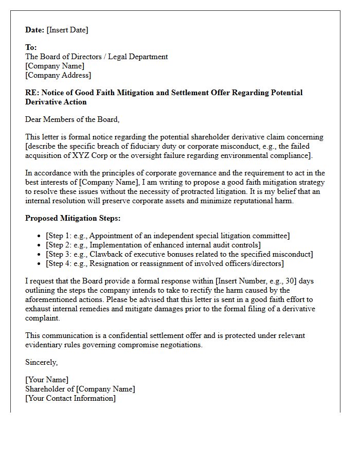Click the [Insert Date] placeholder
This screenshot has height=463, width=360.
[x=67, y=30]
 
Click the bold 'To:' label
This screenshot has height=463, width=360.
[x=31, y=47]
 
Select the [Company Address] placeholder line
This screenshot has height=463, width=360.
[x=58, y=75]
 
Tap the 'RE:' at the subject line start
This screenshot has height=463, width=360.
[x=32, y=93]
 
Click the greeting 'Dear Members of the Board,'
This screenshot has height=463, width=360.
[x=72, y=119]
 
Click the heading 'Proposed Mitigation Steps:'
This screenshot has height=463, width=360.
[x=73, y=218]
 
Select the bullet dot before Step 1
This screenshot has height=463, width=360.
[x=40, y=236]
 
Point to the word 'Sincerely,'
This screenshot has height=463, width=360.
[x=42, y=362]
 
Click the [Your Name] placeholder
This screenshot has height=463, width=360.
[x=47, y=380]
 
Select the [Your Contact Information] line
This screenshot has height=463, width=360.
[x=70, y=398]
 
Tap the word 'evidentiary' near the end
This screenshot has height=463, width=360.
[x=45, y=345]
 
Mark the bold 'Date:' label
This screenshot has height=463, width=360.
[x=35, y=30]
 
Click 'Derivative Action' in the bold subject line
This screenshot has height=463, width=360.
[x=56, y=102]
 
